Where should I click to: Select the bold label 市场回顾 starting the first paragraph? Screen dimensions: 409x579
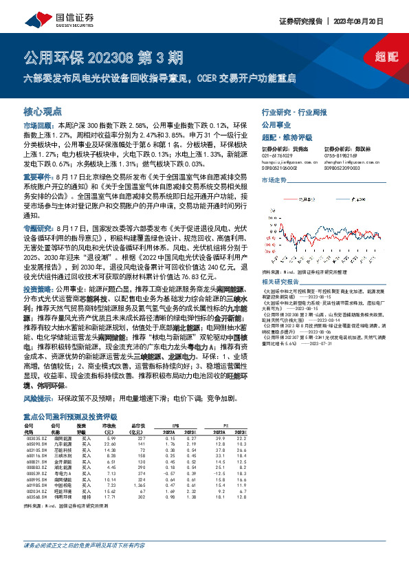(x=37, y=127)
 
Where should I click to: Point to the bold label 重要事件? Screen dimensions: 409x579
(x=37, y=177)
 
